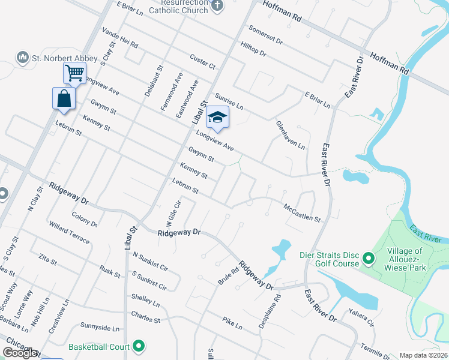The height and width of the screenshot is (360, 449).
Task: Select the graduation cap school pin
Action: click(217, 118)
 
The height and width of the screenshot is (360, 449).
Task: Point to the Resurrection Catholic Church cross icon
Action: click(217, 7)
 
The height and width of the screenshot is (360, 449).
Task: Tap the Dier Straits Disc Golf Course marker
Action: click(369, 259)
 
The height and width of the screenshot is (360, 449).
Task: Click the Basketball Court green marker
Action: click(139, 346)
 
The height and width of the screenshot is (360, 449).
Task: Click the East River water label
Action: click(426, 235)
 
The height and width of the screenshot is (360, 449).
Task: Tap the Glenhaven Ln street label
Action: click(291, 135)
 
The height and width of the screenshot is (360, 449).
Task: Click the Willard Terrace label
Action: click(70, 236)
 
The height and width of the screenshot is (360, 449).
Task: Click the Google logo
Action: click(20, 353)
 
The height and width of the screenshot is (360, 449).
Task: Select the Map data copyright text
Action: click(424, 355)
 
